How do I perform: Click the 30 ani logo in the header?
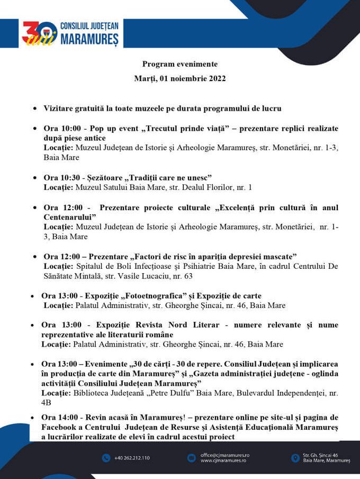(x=39, y=33)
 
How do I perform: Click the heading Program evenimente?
(x=179, y=64)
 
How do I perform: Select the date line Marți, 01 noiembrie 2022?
(x=179, y=79)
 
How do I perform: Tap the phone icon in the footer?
(x=106, y=458)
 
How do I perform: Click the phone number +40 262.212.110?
(x=132, y=458)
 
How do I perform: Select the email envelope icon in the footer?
(x=191, y=458)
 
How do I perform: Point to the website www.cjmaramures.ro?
(x=223, y=461)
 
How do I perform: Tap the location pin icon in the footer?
(x=295, y=458)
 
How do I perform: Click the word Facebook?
(x=60, y=427)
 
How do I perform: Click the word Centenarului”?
(x=70, y=217)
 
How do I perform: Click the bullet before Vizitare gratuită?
(x=34, y=109)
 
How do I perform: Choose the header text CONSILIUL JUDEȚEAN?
(x=89, y=26)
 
